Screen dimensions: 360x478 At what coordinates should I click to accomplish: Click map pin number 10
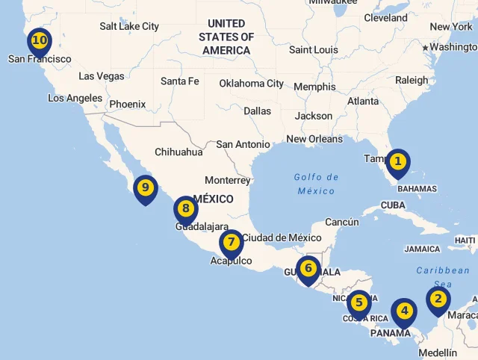click(39, 41)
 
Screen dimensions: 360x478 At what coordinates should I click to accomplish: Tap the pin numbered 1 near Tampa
click(398, 161)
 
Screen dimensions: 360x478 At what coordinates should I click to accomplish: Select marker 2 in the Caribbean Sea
click(438, 300)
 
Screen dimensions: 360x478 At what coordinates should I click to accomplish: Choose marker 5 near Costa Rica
click(359, 302)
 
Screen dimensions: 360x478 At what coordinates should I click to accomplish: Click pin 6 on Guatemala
click(308, 268)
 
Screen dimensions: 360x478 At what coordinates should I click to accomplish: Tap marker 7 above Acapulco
click(232, 242)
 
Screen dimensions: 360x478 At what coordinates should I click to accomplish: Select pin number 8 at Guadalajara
click(185, 209)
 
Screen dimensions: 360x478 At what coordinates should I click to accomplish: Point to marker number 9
click(145, 187)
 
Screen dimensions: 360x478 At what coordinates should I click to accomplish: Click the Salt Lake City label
click(129, 26)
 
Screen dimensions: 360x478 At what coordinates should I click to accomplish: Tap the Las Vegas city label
click(102, 76)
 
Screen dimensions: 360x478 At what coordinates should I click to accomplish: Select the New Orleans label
click(314, 139)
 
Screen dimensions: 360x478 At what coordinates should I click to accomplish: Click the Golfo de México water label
click(316, 184)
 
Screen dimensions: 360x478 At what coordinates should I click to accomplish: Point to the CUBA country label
click(393, 205)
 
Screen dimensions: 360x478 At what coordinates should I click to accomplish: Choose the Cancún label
click(342, 222)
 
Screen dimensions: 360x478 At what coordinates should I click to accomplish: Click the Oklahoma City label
click(252, 84)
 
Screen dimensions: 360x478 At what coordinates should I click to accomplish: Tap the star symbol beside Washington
click(426, 48)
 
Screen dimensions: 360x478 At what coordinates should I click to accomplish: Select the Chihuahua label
click(179, 152)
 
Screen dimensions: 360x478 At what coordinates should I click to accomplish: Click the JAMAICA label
click(423, 249)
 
